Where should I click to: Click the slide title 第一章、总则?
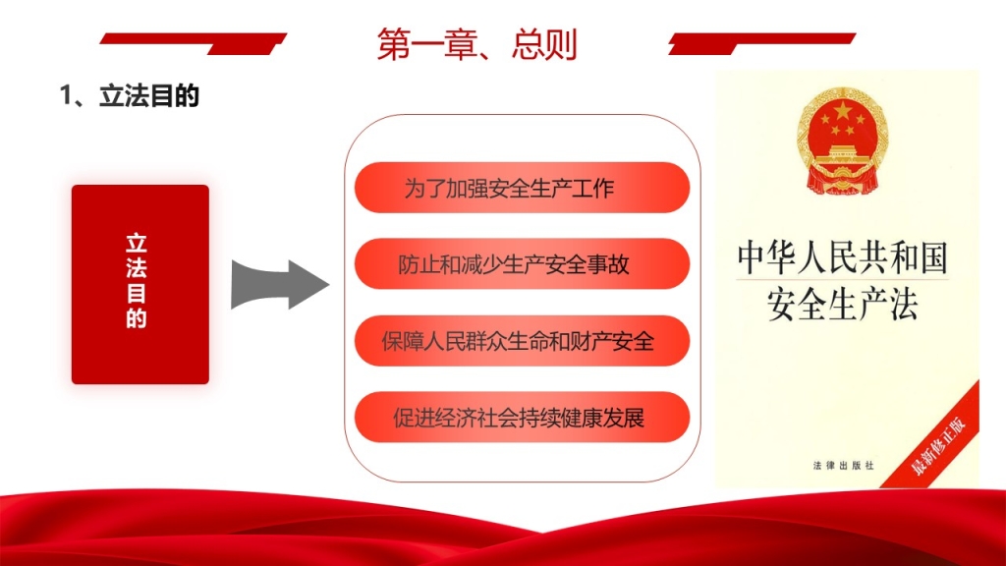pyautogui.click(x=476, y=44)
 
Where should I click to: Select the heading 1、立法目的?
pyautogui.click(x=129, y=96)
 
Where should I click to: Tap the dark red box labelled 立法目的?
pyautogui.click(x=140, y=284)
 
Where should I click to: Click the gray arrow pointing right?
pyautogui.click(x=280, y=284)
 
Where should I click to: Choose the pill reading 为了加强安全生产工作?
pyautogui.click(x=522, y=188)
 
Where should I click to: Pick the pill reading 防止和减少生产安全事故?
pyautogui.click(x=522, y=263)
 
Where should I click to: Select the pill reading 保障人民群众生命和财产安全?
pyautogui.click(x=522, y=341)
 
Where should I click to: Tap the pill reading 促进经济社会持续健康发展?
pyautogui.click(x=522, y=417)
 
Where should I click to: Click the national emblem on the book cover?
pyautogui.click(x=842, y=141)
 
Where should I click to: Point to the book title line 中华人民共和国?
pyautogui.click(x=842, y=257)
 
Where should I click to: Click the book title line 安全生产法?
pyautogui.click(x=842, y=305)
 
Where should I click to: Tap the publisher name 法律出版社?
pyautogui.click(x=843, y=465)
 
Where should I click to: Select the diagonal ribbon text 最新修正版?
pyautogui.click(x=938, y=446)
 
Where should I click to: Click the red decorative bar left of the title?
pyautogui.click(x=193, y=43)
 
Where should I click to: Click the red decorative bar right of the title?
pyautogui.click(x=761, y=43)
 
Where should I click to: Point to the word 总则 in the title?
pyautogui.click(x=544, y=44)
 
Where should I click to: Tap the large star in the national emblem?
pyautogui.click(x=842, y=112)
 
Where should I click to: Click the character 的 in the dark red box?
pyautogui.click(x=137, y=318)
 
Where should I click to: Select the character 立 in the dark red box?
pyautogui.click(x=137, y=243)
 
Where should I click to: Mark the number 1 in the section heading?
pyautogui.click(x=66, y=96)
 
